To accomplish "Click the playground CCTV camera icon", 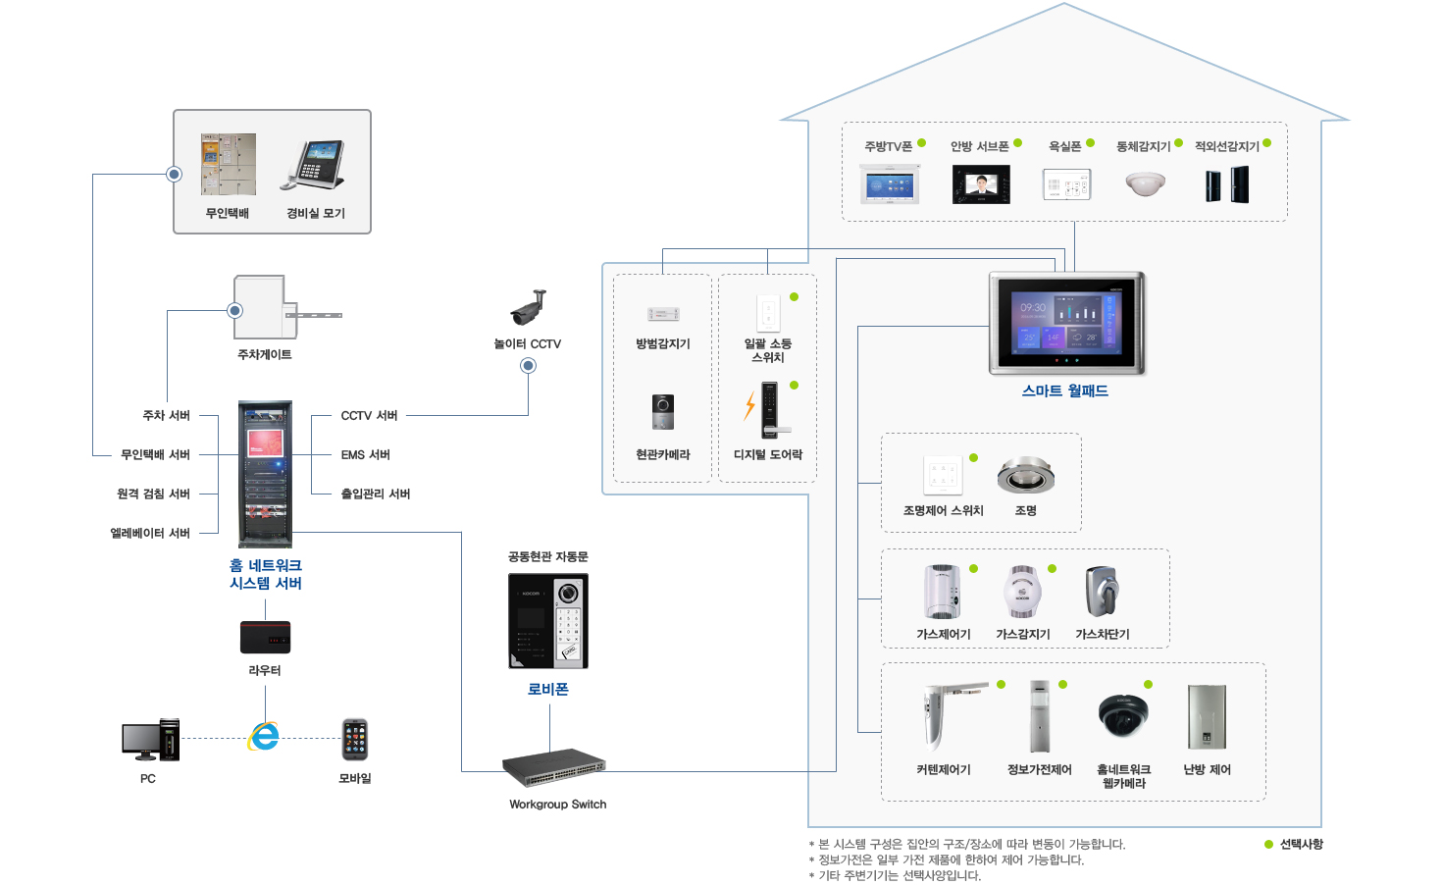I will (528, 307).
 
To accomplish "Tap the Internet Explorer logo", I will (264, 736).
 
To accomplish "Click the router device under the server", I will (265, 637).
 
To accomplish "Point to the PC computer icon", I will (150, 741).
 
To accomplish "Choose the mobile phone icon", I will (354, 740).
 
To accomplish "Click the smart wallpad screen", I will (1066, 323).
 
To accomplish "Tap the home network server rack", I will (265, 474).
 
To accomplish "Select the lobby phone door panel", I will (548, 621).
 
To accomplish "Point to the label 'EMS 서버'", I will (366, 455).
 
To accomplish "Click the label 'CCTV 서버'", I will (369, 416).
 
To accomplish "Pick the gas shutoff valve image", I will (1102, 592).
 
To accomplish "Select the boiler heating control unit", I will (1207, 717).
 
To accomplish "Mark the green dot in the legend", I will (1268, 844).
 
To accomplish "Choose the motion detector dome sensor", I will (1145, 183).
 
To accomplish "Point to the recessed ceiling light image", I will (1025, 476).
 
